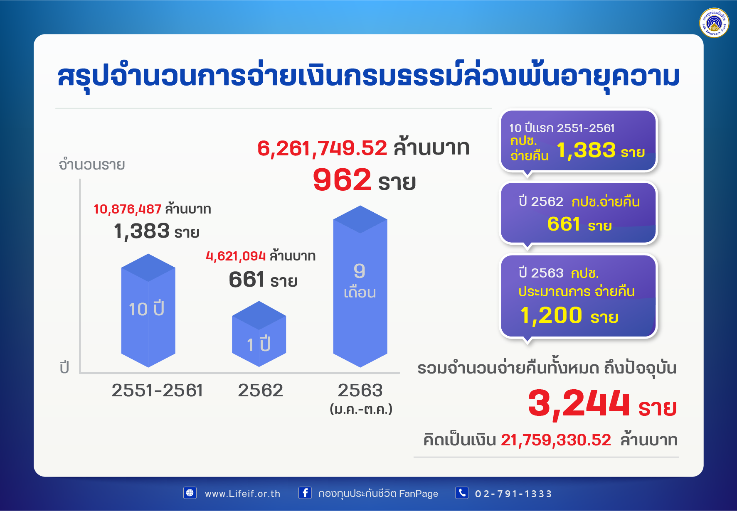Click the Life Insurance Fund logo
coord(714,22)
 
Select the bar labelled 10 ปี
coord(148,310)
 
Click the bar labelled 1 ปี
coord(259,334)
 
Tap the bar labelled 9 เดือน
coord(360,286)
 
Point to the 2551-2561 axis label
coord(157,391)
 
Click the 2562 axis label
coord(260,391)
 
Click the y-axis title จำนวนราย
coord(92,165)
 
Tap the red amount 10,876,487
coord(127,209)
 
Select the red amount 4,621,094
coord(236,256)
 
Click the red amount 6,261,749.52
coord(322,148)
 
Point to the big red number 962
coord(342,180)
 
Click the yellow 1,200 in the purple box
coord(551,315)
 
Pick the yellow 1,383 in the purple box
coord(586,150)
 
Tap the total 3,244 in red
coord(579,403)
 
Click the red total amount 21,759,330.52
coord(556,440)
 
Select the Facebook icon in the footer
coord(305,493)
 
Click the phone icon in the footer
coord(462,493)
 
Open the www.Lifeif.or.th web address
coord(242,494)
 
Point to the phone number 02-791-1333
coord(513,494)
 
